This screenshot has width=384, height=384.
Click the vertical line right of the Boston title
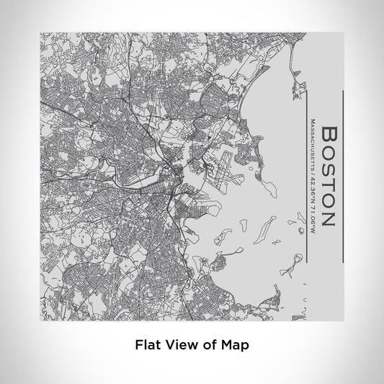344,177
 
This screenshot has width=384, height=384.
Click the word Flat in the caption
147,345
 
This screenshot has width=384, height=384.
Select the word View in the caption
179,345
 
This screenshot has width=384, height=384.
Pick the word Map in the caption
235,345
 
